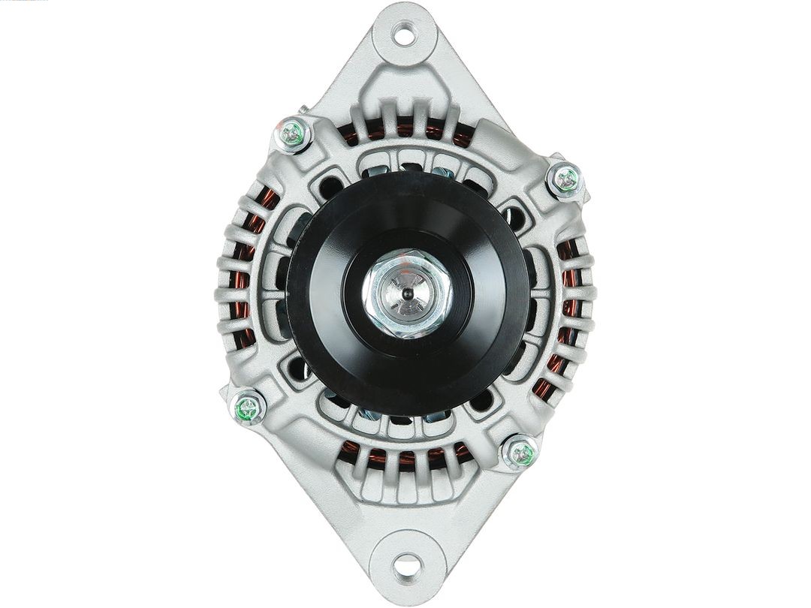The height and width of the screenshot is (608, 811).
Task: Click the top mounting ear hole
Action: (405, 34)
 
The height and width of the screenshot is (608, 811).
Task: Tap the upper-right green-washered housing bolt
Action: (565, 179)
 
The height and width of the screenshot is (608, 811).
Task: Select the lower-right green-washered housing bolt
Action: (520, 453)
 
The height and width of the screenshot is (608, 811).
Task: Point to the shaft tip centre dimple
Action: (406, 293)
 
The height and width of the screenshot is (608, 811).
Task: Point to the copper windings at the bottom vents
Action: (405, 456)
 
